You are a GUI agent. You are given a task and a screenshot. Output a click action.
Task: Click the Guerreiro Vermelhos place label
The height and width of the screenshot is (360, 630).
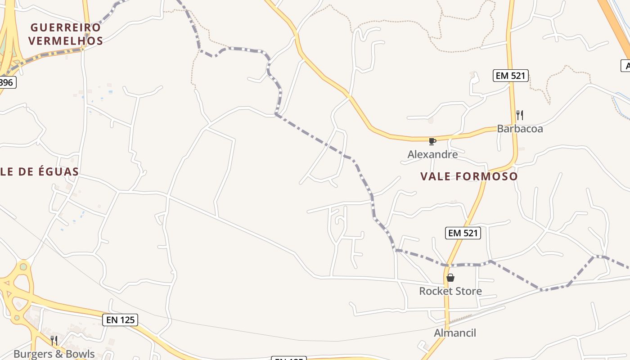66,34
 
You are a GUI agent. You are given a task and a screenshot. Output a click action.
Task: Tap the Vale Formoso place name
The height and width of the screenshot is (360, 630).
469,176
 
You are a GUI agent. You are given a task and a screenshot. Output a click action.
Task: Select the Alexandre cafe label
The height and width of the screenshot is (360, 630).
432,154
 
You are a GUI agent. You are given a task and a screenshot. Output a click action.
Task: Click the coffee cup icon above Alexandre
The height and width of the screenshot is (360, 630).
432,142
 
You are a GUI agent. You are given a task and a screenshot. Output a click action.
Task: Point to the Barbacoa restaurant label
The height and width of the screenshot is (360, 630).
520,129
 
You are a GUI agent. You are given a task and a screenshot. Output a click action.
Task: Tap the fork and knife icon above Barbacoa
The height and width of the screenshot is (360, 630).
519,115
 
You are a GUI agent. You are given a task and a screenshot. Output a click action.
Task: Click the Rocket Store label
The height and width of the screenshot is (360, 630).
450,291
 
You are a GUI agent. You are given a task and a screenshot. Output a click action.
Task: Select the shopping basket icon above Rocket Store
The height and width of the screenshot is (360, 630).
450,278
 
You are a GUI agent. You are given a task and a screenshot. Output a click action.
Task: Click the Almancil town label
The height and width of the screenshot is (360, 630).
454,333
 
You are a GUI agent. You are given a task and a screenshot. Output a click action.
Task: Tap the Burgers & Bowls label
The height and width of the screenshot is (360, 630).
54,354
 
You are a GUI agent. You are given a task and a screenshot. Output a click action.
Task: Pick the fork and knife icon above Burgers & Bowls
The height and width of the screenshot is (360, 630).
54,340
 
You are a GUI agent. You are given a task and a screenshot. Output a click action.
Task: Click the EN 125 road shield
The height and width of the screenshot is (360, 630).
120,320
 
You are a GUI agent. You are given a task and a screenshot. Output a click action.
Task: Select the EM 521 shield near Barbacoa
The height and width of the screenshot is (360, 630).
510,76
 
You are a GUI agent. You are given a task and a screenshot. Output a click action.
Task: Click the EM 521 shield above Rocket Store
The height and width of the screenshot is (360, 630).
463,233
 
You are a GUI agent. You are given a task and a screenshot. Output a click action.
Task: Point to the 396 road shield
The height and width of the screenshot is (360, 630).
6,82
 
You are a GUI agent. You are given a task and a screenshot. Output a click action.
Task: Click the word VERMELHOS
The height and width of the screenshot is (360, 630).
66,41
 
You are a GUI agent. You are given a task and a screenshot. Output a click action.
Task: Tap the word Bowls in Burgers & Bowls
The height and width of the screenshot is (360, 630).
81,354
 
